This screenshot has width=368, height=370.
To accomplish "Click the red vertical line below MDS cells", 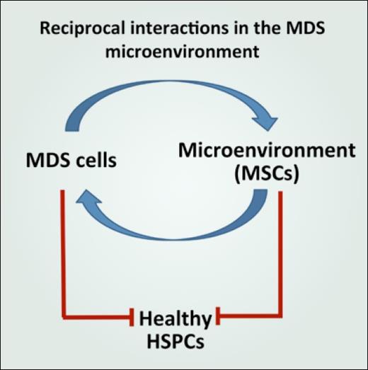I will click(63, 248).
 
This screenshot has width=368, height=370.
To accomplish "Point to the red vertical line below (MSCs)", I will click(282, 248).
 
